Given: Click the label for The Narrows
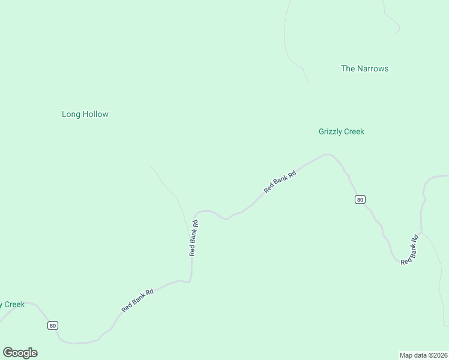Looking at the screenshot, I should pyautogui.click(x=364, y=68).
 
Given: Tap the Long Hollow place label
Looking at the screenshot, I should pyautogui.click(x=85, y=114).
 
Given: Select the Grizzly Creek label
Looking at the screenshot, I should pyautogui.click(x=341, y=131).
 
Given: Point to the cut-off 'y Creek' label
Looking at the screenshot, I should pyautogui.click(x=12, y=304).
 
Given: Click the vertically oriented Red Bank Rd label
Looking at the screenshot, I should pyautogui.click(x=193, y=238).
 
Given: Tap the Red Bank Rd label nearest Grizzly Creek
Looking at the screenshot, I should pyautogui.click(x=280, y=182).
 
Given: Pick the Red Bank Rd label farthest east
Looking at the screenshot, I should pyautogui.click(x=409, y=250).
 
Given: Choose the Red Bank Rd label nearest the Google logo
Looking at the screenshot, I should pyautogui.click(x=137, y=300).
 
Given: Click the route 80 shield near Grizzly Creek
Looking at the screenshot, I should pyautogui.click(x=360, y=200).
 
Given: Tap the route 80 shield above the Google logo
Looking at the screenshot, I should pyautogui.click(x=53, y=325).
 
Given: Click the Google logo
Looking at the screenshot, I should pyautogui.click(x=20, y=353).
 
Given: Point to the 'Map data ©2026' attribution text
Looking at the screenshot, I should pyautogui.click(x=424, y=355).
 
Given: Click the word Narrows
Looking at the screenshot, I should pyautogui.click(x=373, y=68).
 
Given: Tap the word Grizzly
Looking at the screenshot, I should pyautogui.click(x=330, y=131).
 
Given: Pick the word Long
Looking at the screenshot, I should pyautogui.click(x=71, y=114).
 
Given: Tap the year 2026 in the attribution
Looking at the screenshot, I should pyautogui.click(x=440, y=355).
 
